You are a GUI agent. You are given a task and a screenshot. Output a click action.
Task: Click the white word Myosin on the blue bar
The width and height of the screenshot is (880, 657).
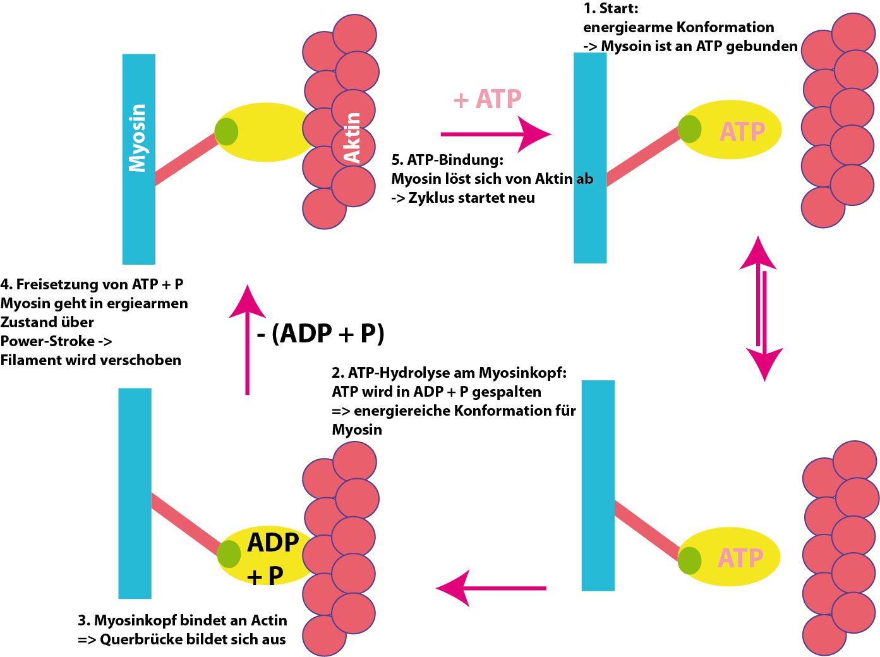[x=138, y=138]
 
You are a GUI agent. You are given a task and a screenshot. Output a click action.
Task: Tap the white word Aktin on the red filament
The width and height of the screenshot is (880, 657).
[x=351, y=138]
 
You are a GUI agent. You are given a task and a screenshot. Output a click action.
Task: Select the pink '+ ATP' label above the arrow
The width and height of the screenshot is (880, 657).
[x=487, y=99]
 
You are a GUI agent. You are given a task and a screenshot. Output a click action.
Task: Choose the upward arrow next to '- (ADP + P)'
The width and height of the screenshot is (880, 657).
[x=247, y=341]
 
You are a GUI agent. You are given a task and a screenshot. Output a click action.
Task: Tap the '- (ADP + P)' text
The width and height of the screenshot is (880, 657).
[x=320, y=333]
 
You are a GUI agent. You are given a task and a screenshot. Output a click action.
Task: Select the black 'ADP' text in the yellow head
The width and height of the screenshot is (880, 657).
[x=273, y=543]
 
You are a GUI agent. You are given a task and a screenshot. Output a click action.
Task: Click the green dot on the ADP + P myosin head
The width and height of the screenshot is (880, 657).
[x=229, y=554]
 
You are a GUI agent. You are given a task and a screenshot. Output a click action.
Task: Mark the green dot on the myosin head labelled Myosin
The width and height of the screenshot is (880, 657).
[x=226, y=131]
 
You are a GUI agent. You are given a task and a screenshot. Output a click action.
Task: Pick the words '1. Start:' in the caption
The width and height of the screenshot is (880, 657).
[x=611, y=8]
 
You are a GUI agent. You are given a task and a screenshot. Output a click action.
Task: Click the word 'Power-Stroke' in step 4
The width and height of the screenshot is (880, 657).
[x=48, y=341]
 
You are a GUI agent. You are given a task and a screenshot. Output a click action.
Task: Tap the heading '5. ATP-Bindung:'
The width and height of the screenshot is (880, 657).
[x=447, y=160]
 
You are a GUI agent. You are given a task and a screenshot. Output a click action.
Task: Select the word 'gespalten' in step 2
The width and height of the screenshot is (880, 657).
[x=506, y=392]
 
